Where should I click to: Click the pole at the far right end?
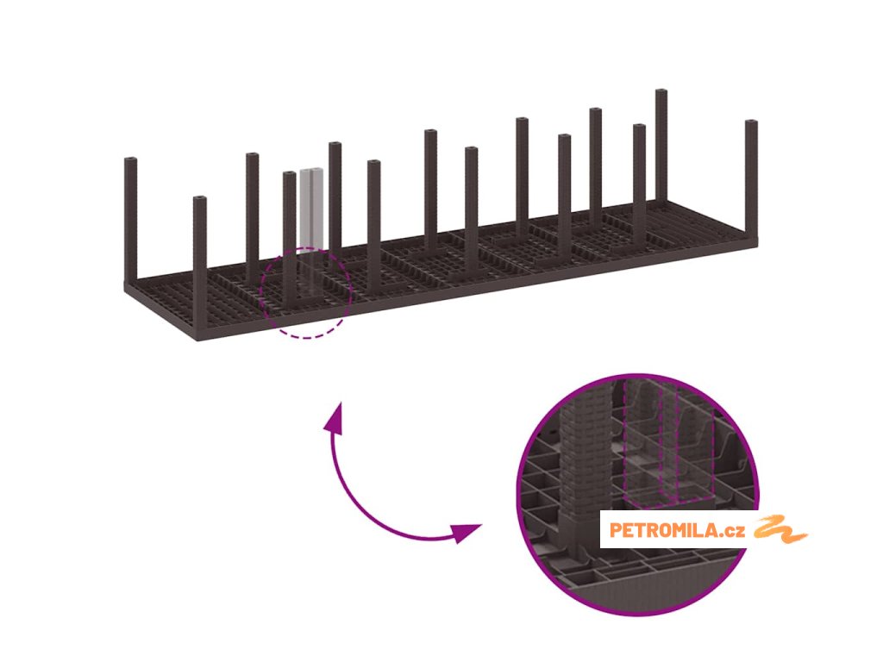(751, 181)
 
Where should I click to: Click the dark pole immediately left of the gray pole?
(289, 233)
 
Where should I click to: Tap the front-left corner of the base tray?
(197, 338)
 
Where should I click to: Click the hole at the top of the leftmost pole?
(130, 161)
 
